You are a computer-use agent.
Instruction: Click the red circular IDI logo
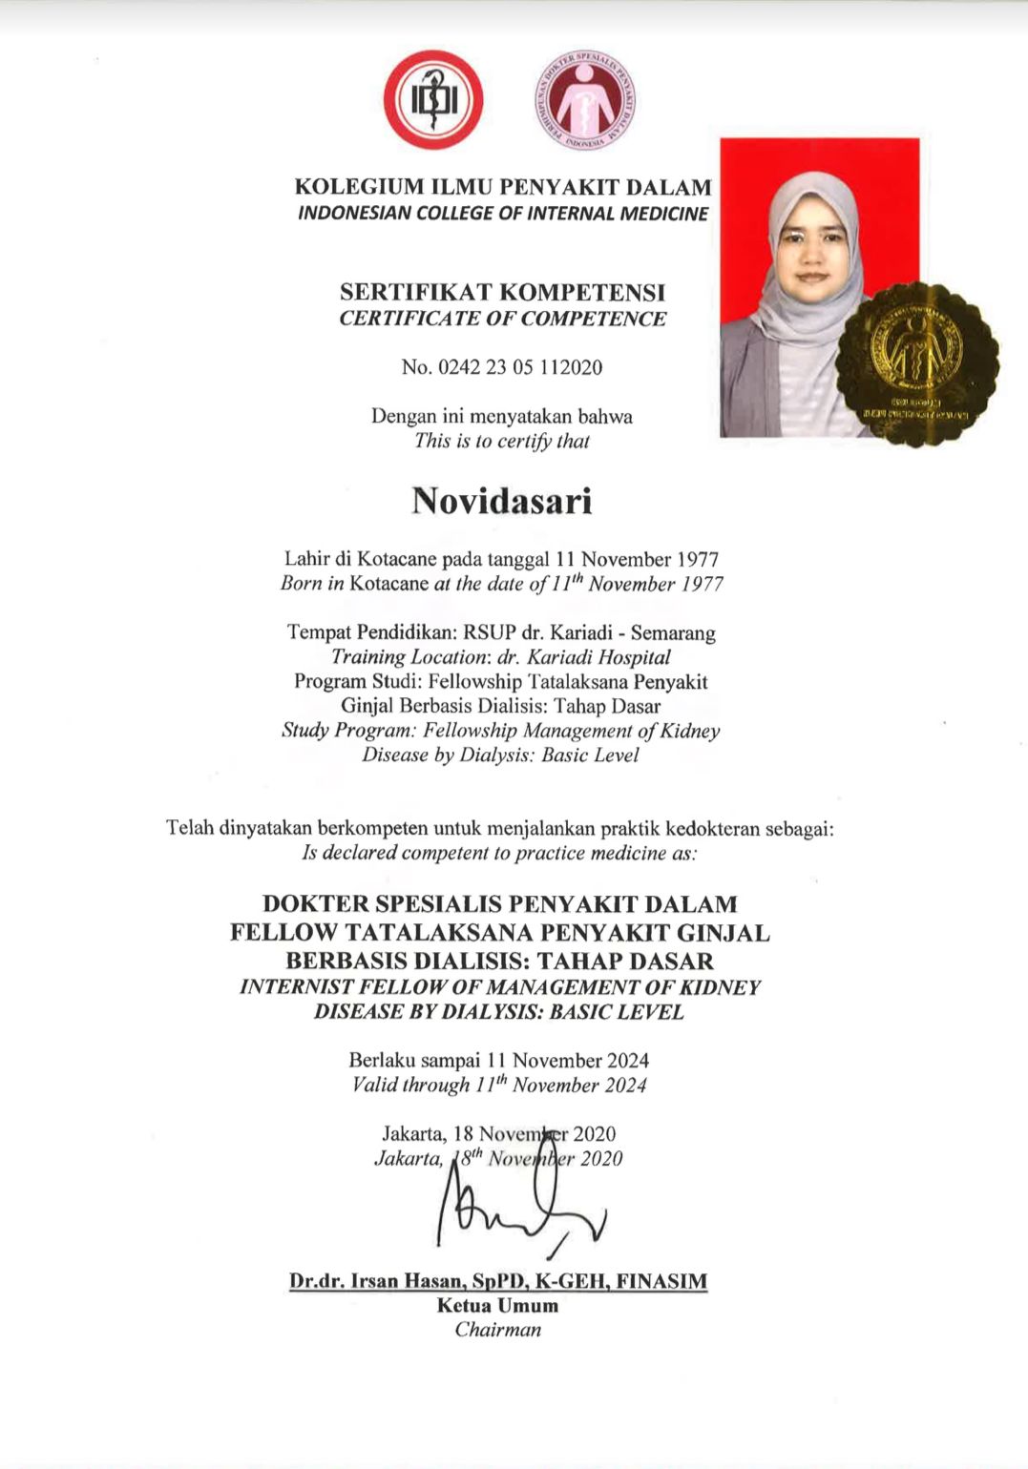click(433, 100)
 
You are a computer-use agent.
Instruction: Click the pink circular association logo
click(585, 100)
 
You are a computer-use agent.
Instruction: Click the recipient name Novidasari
click(502, 501)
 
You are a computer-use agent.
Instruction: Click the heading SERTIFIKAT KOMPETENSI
click(502, 293)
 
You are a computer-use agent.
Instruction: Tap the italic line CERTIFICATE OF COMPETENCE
click(502, 319)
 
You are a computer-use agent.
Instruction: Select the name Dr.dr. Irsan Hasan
click(382, 1281)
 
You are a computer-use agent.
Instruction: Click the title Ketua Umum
click(497, 1306)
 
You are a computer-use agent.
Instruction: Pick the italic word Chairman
click(497, 1330)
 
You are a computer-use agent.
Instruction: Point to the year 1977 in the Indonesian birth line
click(688, 560)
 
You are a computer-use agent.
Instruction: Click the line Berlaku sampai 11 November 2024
click(499, 1061)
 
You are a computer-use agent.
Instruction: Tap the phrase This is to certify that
click(502, 442)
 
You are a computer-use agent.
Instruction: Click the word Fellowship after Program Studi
click(474, 682)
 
